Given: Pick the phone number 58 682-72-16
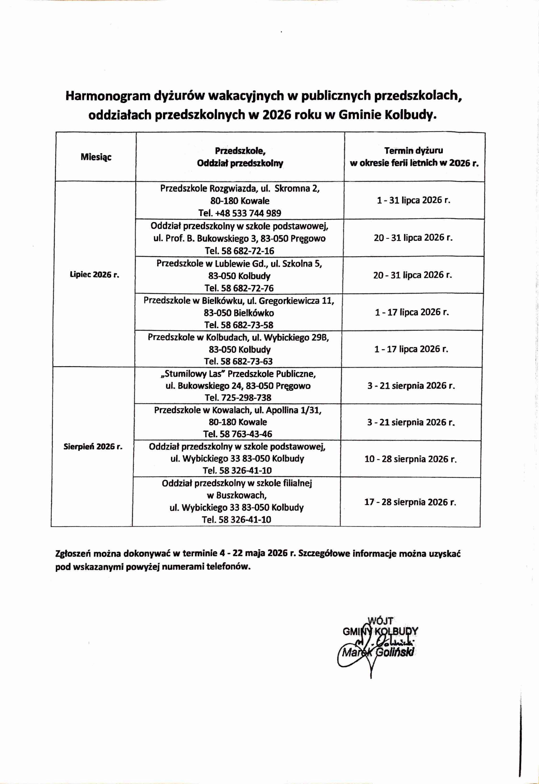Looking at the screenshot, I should point(248,251).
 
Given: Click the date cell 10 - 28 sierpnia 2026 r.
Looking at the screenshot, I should point(410,459).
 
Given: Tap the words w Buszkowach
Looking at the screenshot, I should point(237,496).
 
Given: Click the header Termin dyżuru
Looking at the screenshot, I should point(414,151).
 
